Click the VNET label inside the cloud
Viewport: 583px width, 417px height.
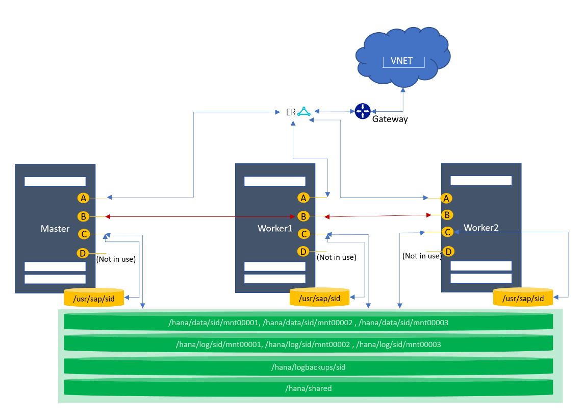coord(401,61)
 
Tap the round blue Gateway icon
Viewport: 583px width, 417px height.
coord(362,110)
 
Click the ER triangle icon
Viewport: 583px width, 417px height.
coord(304,111)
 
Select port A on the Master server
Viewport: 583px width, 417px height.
coord(83,198)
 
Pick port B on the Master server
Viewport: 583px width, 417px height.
coord(83,216)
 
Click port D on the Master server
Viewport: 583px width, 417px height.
coord(82,253)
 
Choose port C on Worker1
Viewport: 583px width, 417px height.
coord(304,234)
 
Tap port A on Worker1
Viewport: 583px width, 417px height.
coord(304,198)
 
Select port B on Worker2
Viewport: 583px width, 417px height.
coord(447,215)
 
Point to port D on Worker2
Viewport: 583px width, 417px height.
coord(448,251)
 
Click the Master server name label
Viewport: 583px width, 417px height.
coord(55,229)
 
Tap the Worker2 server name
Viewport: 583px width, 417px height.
coord(481,228)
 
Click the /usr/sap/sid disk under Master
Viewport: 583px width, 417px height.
coord(94,298)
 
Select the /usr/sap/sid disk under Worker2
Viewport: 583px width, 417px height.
coord(523,298)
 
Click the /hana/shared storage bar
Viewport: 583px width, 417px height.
coord(308,388)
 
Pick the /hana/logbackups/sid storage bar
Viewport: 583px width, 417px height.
coord(308,367)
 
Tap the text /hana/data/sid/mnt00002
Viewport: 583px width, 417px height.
coord(307,323)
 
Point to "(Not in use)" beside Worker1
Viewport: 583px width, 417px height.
coord(336,257)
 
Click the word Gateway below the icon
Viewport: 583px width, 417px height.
coord(390,119)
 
